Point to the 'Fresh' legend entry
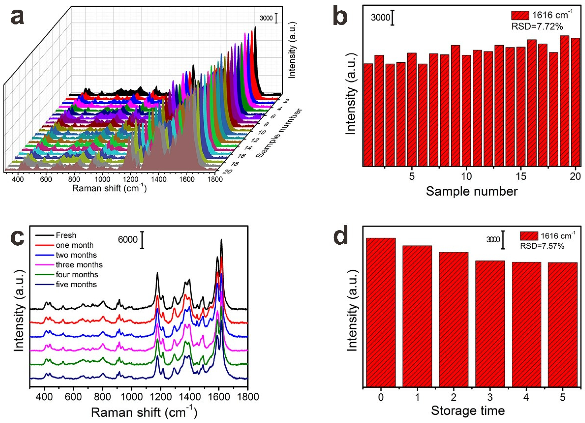(x=66, y=235)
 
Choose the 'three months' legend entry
(x=79, y=265)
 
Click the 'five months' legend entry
(x=76, y=284)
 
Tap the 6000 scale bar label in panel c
(x=128, y=240)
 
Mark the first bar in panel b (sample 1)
(x=368, y=115)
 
